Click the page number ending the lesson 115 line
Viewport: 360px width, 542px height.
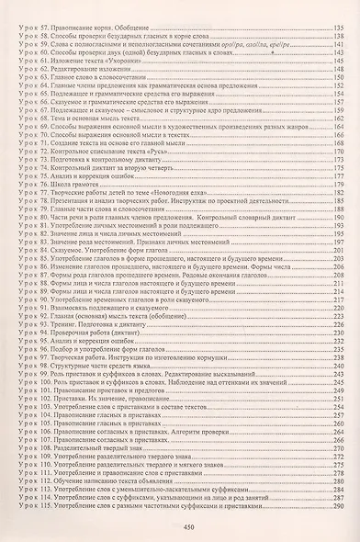339,508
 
